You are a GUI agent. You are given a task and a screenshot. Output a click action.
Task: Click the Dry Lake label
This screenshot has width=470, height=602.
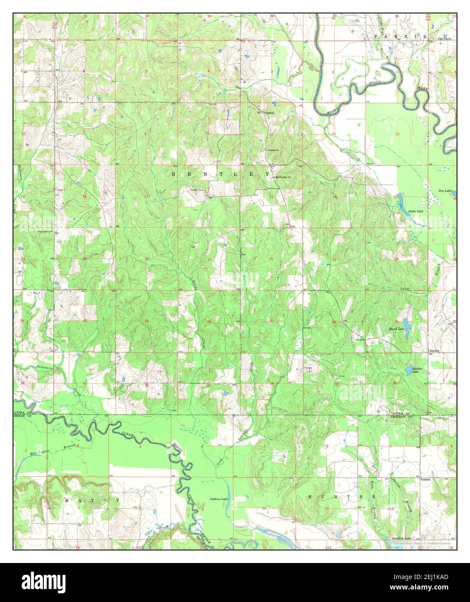tap(444, 191)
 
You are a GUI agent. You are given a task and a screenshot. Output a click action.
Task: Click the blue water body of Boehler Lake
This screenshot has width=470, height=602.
tap(408, 370)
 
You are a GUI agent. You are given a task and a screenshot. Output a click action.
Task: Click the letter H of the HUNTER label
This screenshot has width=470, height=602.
tap(309, 496)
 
